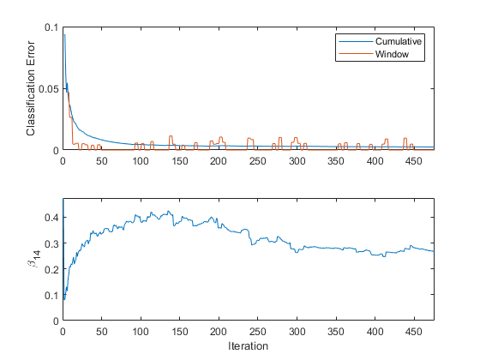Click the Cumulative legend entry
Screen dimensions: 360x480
pyautogui.click(x=399, y=41)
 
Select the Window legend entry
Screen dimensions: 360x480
pyautogui.click(x=393, y=54)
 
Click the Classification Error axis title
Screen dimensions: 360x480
pyautogui.click(x=31, y=89)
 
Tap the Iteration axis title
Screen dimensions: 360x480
pyautogui.click(x=248, y=346)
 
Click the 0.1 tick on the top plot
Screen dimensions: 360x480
pyautogui.click(x=51, y=27)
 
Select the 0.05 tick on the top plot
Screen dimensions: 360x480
pyautogui.click(x=48, y=89)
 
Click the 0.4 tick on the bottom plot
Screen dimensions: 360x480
pyautogui.click(x=51, y=218)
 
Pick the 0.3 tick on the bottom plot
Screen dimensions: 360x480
pyautogui.click(x=51, y=243)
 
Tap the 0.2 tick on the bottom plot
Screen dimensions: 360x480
pyautogui.click(x=51, y=269)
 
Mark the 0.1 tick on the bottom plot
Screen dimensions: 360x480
pyautogui.click(x=51, y=295)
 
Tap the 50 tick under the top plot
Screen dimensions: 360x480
pyautogui.click(x=101, y=160)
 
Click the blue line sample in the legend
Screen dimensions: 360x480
pyautogui.click(x=354, y=41)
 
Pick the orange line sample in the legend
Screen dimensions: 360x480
pyautogui.click(x=354, y=54)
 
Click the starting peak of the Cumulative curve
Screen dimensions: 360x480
pyautogui.click(x=64, y=35)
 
